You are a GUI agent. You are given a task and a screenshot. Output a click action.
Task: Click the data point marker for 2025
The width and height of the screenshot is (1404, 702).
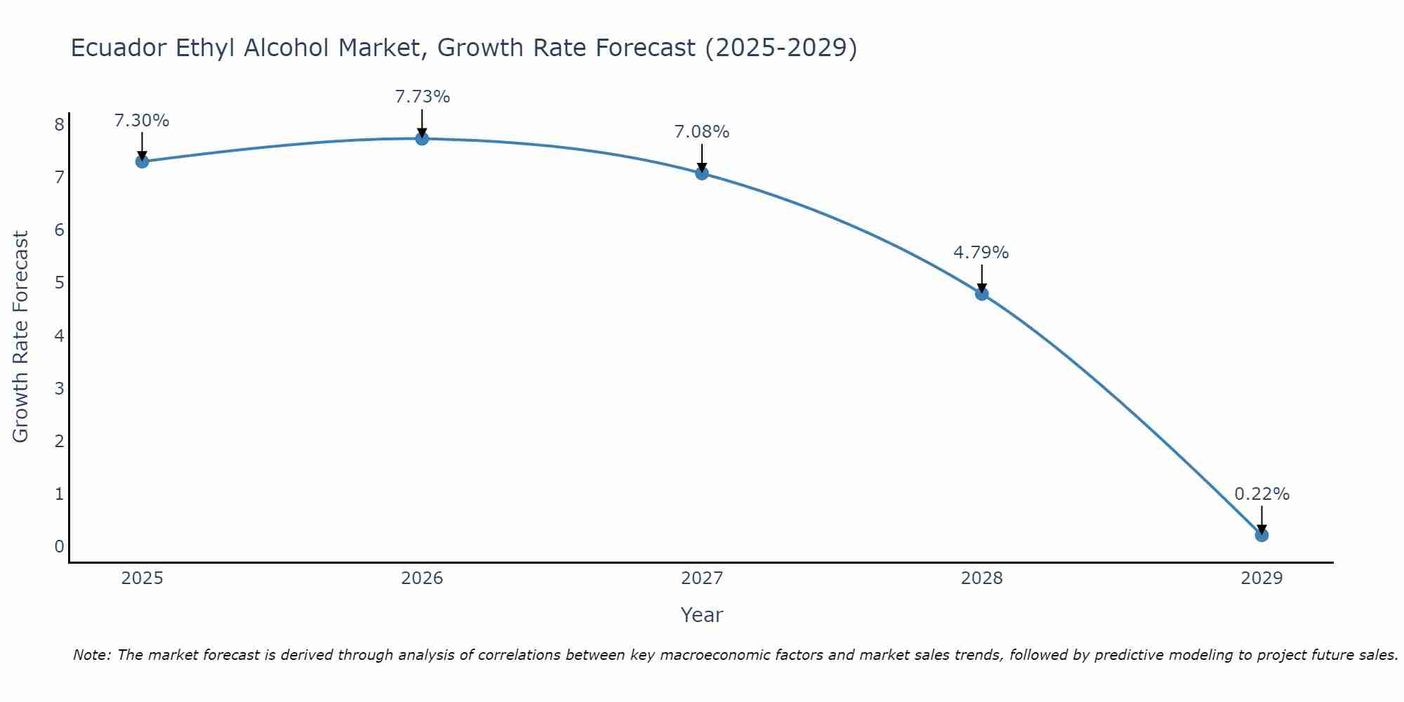(142, 161)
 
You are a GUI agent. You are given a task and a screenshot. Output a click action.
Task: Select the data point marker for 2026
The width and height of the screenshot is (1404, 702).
(422, 139)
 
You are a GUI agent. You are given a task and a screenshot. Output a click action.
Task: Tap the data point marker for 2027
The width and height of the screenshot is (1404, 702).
(702, 173)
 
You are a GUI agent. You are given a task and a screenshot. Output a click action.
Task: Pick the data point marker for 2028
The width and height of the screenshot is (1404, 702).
(981, 293)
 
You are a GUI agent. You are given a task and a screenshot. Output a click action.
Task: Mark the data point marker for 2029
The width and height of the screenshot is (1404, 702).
(1261, 535)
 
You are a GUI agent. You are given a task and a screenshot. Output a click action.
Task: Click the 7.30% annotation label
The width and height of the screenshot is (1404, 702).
(142, 121)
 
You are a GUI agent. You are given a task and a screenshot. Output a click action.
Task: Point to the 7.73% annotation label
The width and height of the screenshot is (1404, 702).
(422, 97)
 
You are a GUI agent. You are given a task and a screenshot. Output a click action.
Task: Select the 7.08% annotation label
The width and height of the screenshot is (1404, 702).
(702, 132)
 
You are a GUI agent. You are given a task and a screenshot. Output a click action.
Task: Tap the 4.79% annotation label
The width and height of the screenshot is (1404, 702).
(981, 253)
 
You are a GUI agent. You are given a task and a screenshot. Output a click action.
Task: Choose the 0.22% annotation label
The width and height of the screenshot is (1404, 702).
(1261, 494)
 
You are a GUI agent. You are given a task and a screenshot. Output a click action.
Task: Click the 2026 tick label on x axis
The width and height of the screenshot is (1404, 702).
(422, 578)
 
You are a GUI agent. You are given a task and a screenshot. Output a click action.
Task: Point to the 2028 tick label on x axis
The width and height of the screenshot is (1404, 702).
(981, 578)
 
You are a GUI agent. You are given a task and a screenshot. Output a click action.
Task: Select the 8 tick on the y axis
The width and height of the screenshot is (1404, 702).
(59, 125)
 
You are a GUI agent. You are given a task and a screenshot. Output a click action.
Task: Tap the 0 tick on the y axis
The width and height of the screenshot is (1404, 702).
(59, 547)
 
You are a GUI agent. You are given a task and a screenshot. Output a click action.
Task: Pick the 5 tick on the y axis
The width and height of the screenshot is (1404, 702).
(59, 283)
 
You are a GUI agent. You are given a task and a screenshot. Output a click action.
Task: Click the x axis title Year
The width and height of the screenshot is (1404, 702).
(701, 615)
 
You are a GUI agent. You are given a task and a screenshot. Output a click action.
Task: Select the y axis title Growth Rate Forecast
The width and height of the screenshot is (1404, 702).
(21, 337)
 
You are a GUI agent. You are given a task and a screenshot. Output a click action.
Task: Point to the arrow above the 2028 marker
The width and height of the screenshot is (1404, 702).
(981, 278)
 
